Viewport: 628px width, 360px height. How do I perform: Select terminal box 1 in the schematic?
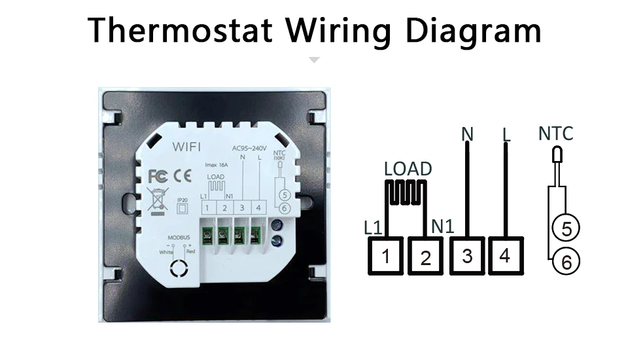(x=387, y=256)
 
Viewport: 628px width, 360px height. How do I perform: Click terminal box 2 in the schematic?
(x=427, y=256)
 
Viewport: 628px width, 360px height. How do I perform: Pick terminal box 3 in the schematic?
(x=466, y=255)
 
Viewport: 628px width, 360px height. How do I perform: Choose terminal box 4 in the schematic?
(x=504, y=255)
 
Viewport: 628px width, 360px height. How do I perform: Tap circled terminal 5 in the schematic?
(x=567, y=228)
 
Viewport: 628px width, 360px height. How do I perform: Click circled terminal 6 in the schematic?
(x=567, y=262)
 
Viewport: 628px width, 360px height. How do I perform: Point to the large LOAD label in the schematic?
(x=408, y=169)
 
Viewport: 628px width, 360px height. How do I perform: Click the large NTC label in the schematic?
(x=555, y=134)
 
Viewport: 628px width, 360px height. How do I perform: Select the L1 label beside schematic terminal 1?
(x=373, y=227)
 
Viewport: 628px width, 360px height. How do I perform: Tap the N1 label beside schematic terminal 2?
(x=442, y=226)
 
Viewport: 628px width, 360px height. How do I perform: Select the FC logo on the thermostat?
(x=158, y=176)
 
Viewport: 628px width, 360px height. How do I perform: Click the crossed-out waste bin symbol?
(x=158, y=198)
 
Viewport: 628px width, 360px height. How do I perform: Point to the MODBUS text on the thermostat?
(x=178, y=238)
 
